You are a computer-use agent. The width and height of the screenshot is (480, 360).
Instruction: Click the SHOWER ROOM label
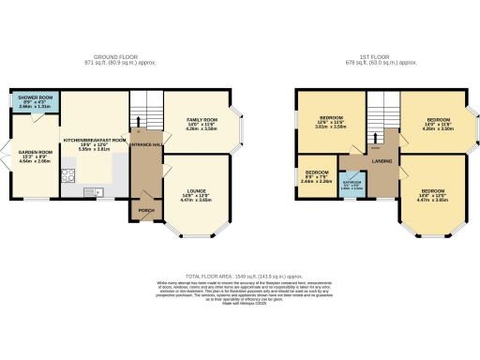pos(33,97)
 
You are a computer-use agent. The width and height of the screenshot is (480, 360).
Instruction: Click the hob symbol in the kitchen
pos(68,174)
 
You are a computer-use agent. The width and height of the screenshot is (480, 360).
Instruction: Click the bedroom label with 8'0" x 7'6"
pos(317,174)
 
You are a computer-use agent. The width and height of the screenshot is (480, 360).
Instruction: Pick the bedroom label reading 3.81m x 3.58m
pos(329,119)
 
